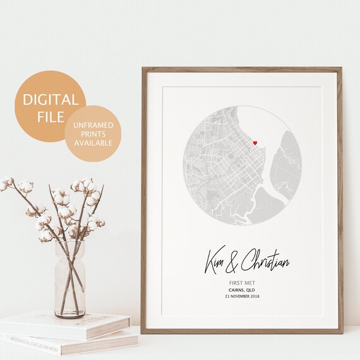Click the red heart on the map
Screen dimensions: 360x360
[x=255, y=143]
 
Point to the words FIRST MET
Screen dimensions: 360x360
[x=243, y=284]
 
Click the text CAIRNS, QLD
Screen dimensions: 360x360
[x=243, y=290]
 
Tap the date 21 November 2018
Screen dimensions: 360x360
[x=243, y=296]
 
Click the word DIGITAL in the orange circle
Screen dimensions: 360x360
[x=51, y=100]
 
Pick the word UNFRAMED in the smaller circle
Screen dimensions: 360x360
[x=93, y=124]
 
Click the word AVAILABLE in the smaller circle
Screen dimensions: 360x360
[x=93, y=142]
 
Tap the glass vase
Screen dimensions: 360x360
[x=69, y=278]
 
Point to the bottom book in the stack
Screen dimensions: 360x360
[x=76, y=344]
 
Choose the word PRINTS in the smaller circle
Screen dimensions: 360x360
[x=93, y=133]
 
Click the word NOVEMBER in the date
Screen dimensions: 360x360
[x=239, y=296]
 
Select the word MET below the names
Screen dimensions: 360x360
[x=250, y=284]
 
